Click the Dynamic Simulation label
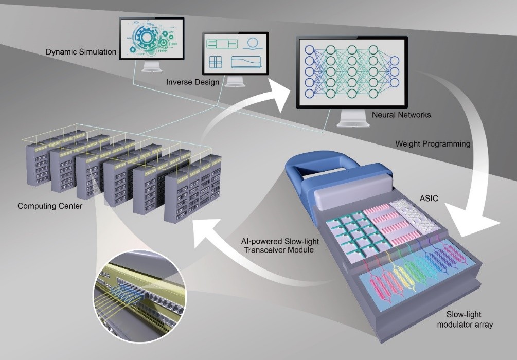tap(81, 52)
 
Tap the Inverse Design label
tap(192, 82)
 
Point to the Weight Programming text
tap(432, 144)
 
